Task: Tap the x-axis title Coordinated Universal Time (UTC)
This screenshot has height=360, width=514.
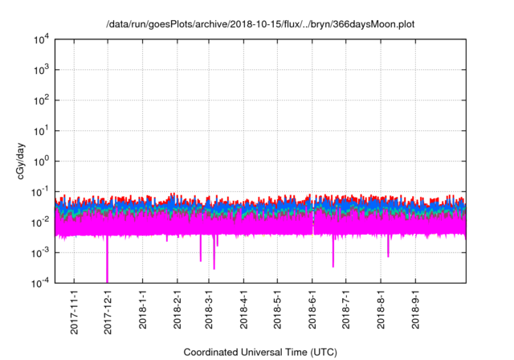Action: pyautogui.click(x=260, y=352)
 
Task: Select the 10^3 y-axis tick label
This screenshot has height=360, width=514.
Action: pyautogui.click(x=40, y=70)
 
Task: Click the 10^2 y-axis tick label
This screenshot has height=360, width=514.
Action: pyautogui.click(x=40, y=100)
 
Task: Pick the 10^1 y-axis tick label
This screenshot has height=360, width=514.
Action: pyautogui.click(x=40, y=130)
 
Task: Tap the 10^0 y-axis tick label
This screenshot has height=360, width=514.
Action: pyautogui.click(x=40, y=161)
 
